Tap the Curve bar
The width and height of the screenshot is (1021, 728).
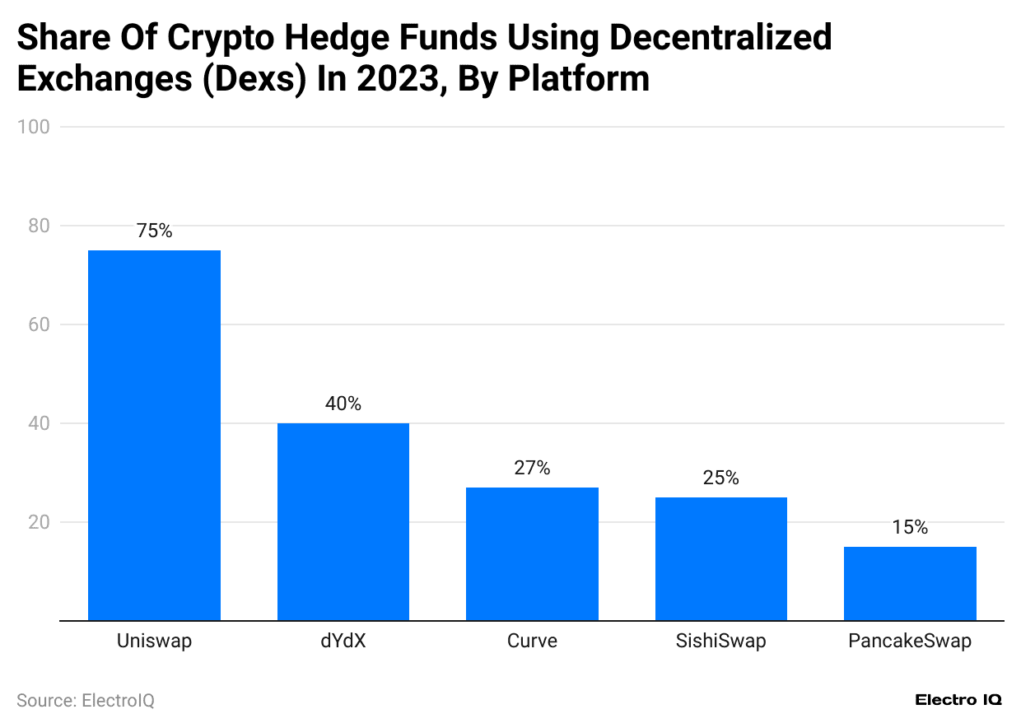coord(532,553)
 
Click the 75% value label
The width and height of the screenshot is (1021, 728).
coord(154,231)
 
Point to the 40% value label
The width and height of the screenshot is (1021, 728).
coord(343,404)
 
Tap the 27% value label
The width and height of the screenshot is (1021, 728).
coord(532,469)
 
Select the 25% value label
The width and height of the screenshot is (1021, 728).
coord(720,478)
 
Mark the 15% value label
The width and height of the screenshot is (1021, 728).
coord(910,528)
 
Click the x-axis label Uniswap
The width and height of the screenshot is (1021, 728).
coord(154,641)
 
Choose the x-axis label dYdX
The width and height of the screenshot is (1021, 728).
coord(343,641)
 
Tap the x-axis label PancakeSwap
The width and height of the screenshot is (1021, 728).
coord(910,641)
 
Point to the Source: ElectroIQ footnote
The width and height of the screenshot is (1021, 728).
coord(86,700)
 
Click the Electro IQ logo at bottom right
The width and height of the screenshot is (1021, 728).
coord(958,700)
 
